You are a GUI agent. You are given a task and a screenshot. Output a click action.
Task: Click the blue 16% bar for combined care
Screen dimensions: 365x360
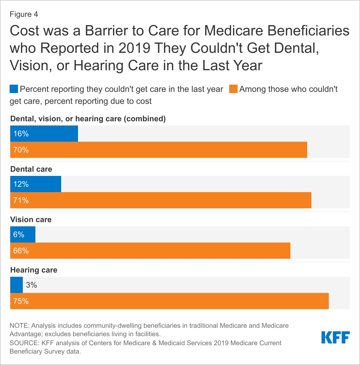click(x=44, y=134)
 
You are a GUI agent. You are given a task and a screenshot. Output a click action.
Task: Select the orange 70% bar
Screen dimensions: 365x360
click(x=159, y=150)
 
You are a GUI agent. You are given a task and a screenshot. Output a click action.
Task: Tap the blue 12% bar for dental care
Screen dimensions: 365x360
click(x=36, y=184)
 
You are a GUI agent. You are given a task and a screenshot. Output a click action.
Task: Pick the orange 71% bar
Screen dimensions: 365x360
click(x=161, y=200)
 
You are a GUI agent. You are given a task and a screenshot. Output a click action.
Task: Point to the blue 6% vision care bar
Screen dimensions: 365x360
click(x=23, y=234)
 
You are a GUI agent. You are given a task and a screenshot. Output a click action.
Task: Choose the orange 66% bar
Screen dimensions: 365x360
click(x=150, y=251)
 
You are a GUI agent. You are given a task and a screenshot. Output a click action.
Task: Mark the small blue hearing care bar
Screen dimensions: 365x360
click(x=16, y=285)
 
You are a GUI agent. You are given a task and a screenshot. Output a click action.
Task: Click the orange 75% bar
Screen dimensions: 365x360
click(x=169, y=301)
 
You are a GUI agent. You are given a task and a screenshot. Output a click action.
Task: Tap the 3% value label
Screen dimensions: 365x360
click(x=31, y=285)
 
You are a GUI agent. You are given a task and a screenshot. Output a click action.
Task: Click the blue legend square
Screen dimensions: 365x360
click(x=14, y=89)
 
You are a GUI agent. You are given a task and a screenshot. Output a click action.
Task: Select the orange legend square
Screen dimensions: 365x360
click(x=233, y=89)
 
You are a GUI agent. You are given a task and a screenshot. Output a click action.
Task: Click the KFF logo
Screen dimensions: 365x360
click(x=335, y=337)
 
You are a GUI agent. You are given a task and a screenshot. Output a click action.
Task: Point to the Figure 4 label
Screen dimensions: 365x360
click(x=24, y=14)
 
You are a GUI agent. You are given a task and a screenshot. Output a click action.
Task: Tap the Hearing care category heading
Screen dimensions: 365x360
click(x=34, y=270)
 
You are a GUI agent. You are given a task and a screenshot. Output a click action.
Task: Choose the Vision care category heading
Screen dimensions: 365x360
click(x=31, y=219)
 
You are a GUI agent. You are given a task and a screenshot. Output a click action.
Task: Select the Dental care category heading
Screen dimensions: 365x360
click(x=31, y=169)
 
